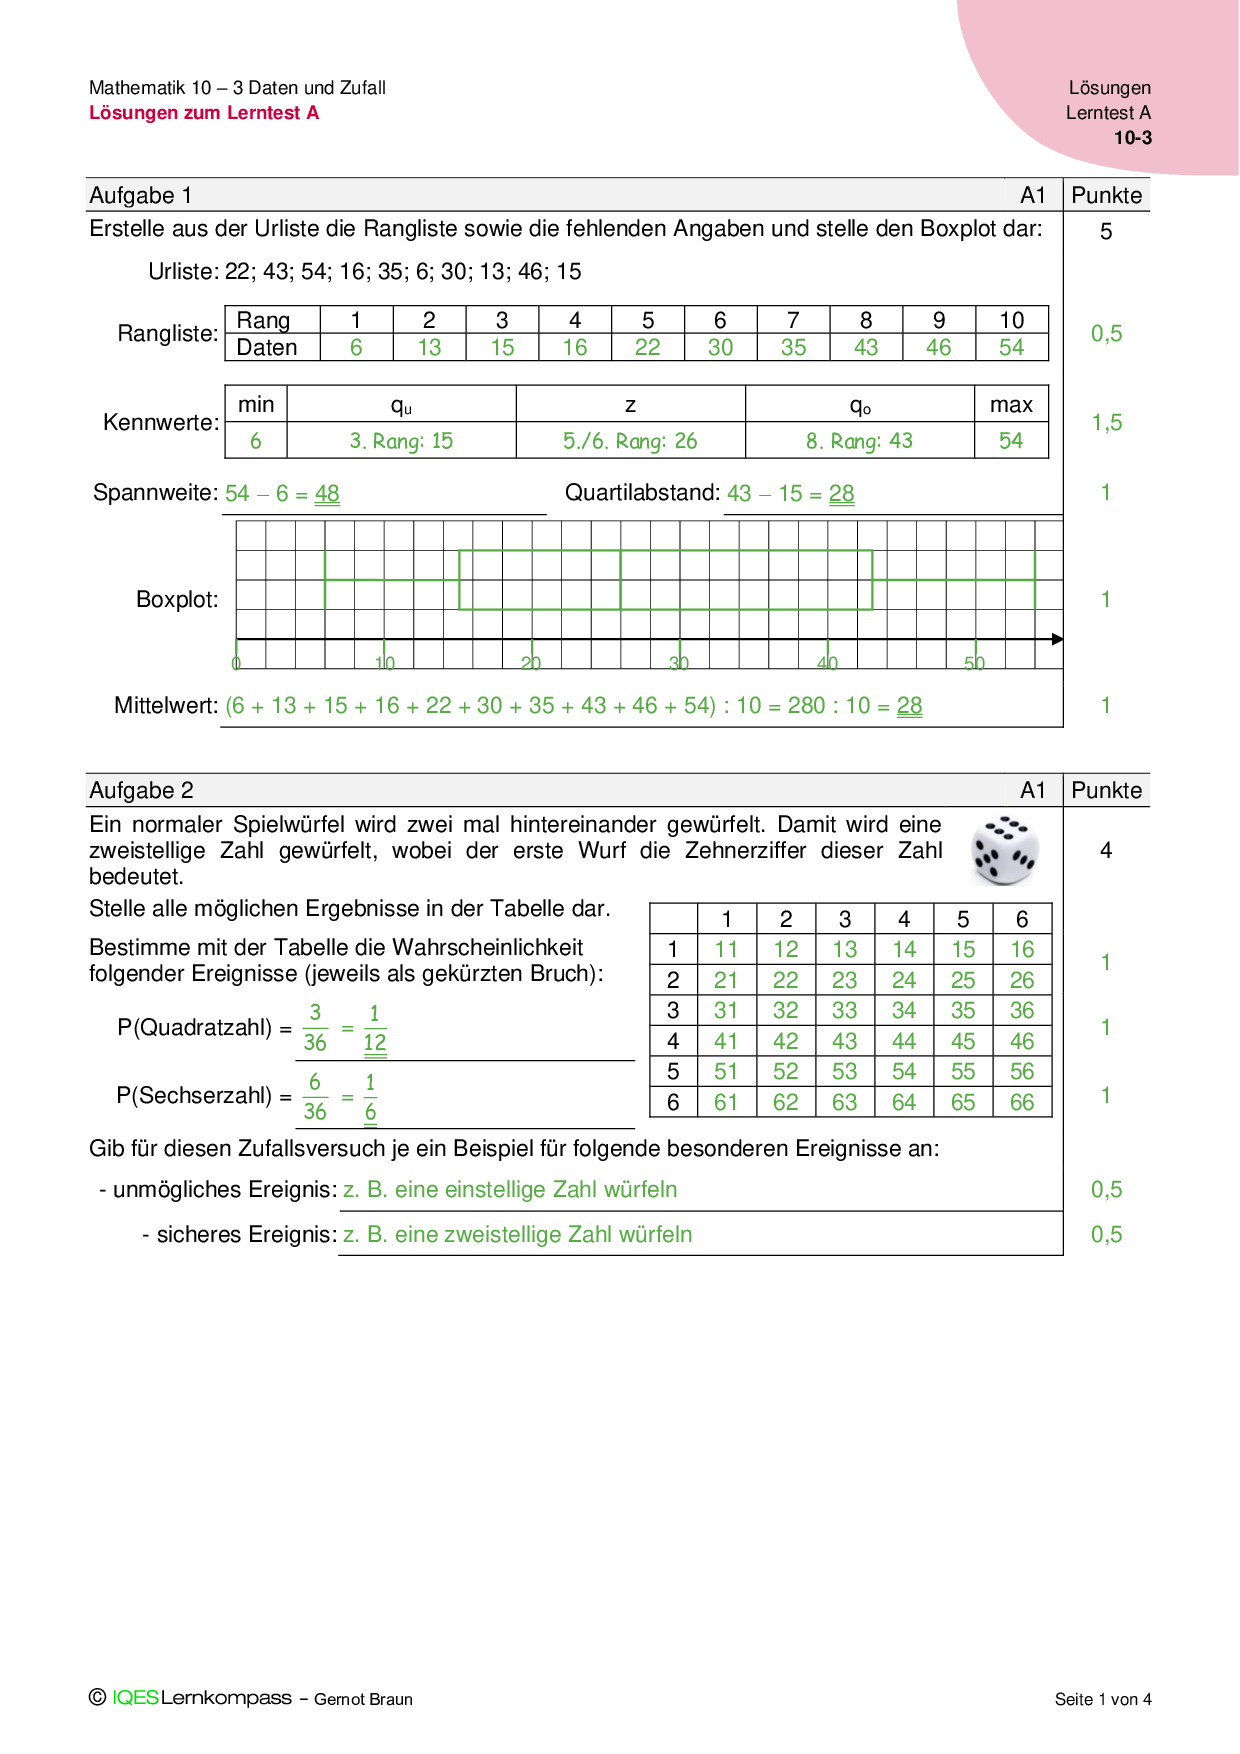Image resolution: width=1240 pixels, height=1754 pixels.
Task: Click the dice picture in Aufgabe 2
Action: pyautogui.click(x=1005, y=851)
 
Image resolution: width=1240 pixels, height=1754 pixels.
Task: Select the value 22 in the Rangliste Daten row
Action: pyautogui.click(x=647, y=347)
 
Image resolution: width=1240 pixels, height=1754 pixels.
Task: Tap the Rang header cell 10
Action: pyautogui.click(x=1011, y=320)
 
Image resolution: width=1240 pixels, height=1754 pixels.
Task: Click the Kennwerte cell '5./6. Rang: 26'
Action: pyautogui.click(x=630, y=441)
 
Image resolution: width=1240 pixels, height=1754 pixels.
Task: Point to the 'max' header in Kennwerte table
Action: pyautogui.click(x=1011, y=405)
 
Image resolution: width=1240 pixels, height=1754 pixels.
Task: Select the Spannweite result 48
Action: pyautogui.click(x=327, y=494)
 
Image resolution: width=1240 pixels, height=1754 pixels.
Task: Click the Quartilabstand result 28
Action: pyautogui.click(x=841, y=494)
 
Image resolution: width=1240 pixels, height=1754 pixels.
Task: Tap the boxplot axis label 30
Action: pyautogui.click(x=679, y=663)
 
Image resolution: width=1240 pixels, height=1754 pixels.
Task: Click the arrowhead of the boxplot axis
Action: pyautogui.click(x=1057, y=639)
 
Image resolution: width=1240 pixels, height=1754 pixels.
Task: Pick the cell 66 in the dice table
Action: pyautogui.click(x=1021, y=1102)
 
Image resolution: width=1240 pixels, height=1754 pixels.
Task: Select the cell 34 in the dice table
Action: pyautogui.click(x=903, y=1011)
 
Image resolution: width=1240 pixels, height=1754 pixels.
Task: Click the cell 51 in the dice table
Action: pyautogui.click(x=726, y=1072)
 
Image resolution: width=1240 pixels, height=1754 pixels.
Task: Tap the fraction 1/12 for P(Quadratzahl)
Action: pyautogui.click(x=374, y=1028)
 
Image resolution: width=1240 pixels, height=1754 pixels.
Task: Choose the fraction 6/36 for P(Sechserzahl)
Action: pyautogui.click(x=315, y=1097)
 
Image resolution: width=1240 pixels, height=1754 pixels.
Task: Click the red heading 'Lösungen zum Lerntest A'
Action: pyautogui.click(x=204, y=113)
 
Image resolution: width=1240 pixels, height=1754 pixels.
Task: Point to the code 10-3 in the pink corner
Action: pyautogui.click(x=1132, y=139)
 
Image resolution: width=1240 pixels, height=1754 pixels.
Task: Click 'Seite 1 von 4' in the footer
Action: pyautogui.click(x=1102, y=1699)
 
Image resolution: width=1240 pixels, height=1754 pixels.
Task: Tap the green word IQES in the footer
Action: pyautogui.click(x=135, y=1698)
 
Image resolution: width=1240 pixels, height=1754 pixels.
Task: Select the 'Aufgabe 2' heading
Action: pyautogui.click(x=141, y=791)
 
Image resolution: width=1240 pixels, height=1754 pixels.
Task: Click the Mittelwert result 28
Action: pyautogui.click(x=909, y=706)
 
